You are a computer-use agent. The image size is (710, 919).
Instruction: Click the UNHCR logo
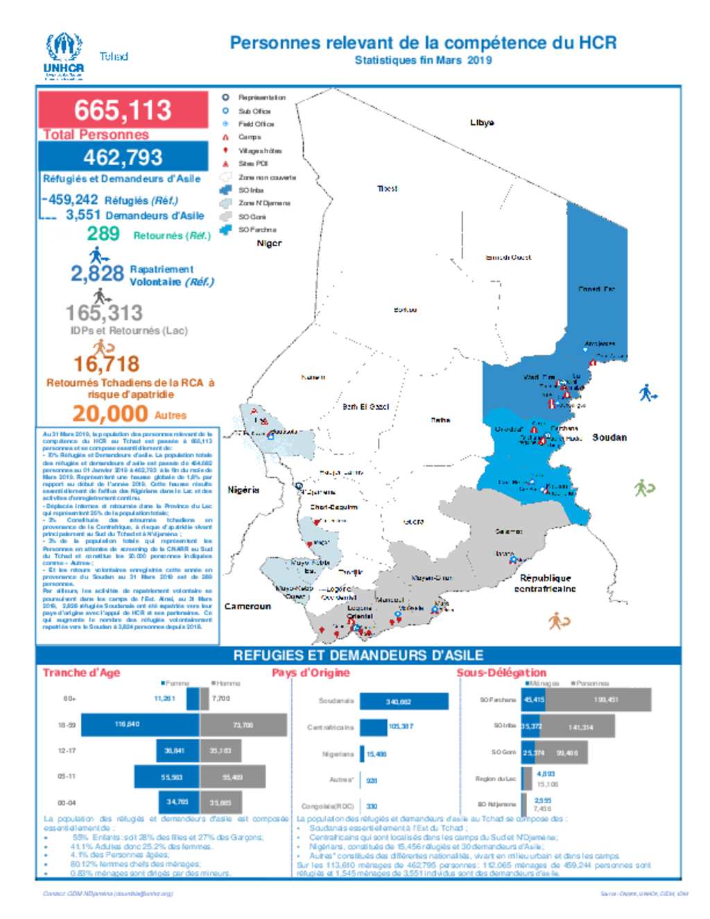coord(64,55)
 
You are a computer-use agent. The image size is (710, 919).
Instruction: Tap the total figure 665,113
coord(123,110)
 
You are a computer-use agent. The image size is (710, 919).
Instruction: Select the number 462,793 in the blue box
coord(123,157)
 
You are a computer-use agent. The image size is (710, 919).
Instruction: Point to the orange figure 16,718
coord(107,363)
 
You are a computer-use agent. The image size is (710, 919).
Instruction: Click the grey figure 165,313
coord(104,313)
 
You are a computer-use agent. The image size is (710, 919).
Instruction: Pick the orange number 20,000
coord(110,413)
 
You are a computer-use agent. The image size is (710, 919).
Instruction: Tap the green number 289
coord(103,234)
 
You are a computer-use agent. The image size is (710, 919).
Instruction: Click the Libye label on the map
coord(482,123)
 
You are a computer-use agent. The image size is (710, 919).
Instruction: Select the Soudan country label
coord(609,438)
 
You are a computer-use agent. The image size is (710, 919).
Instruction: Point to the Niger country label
coord(269,243)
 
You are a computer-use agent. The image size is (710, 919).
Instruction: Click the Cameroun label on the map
coord(248,606)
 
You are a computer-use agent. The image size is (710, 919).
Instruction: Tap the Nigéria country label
coord(243,490)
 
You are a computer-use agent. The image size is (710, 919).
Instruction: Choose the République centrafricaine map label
coord(545,583)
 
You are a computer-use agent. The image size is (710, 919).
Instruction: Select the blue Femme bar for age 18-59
coord(141,725)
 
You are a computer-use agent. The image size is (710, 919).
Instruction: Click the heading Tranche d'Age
coord(81,673)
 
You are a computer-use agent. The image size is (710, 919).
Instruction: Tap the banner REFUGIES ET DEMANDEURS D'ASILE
coord(358,655)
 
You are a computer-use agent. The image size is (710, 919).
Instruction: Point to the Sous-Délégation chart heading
coord(501,673)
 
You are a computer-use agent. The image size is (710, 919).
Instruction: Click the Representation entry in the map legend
coord(261,98)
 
